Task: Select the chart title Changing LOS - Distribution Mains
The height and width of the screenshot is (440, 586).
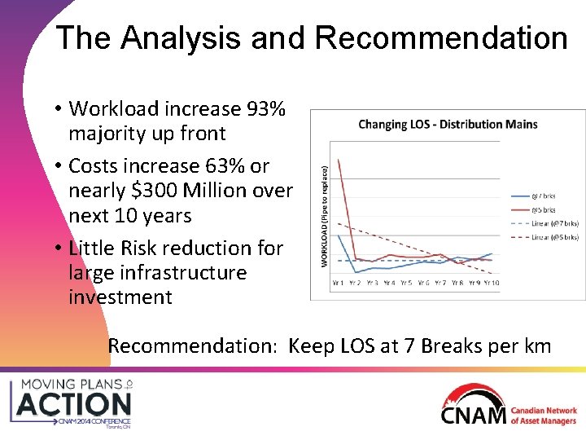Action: click(448, 125)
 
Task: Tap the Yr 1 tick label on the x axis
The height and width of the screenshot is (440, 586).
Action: click(338, 283)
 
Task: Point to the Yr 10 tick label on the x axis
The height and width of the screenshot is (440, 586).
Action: click(491, 283)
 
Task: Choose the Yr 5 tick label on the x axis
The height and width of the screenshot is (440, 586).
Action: click(405, 283)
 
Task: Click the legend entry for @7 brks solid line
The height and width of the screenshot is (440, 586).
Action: click(544, 196)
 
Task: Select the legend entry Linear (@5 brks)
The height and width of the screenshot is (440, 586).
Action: click(553, 237)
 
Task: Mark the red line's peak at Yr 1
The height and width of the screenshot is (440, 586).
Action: click(338, 159)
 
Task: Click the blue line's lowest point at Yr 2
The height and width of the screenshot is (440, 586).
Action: click(355, 272)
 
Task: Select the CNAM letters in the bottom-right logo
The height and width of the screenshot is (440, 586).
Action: click(474, 415)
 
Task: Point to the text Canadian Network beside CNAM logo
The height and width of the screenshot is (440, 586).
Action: click(544, 411)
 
